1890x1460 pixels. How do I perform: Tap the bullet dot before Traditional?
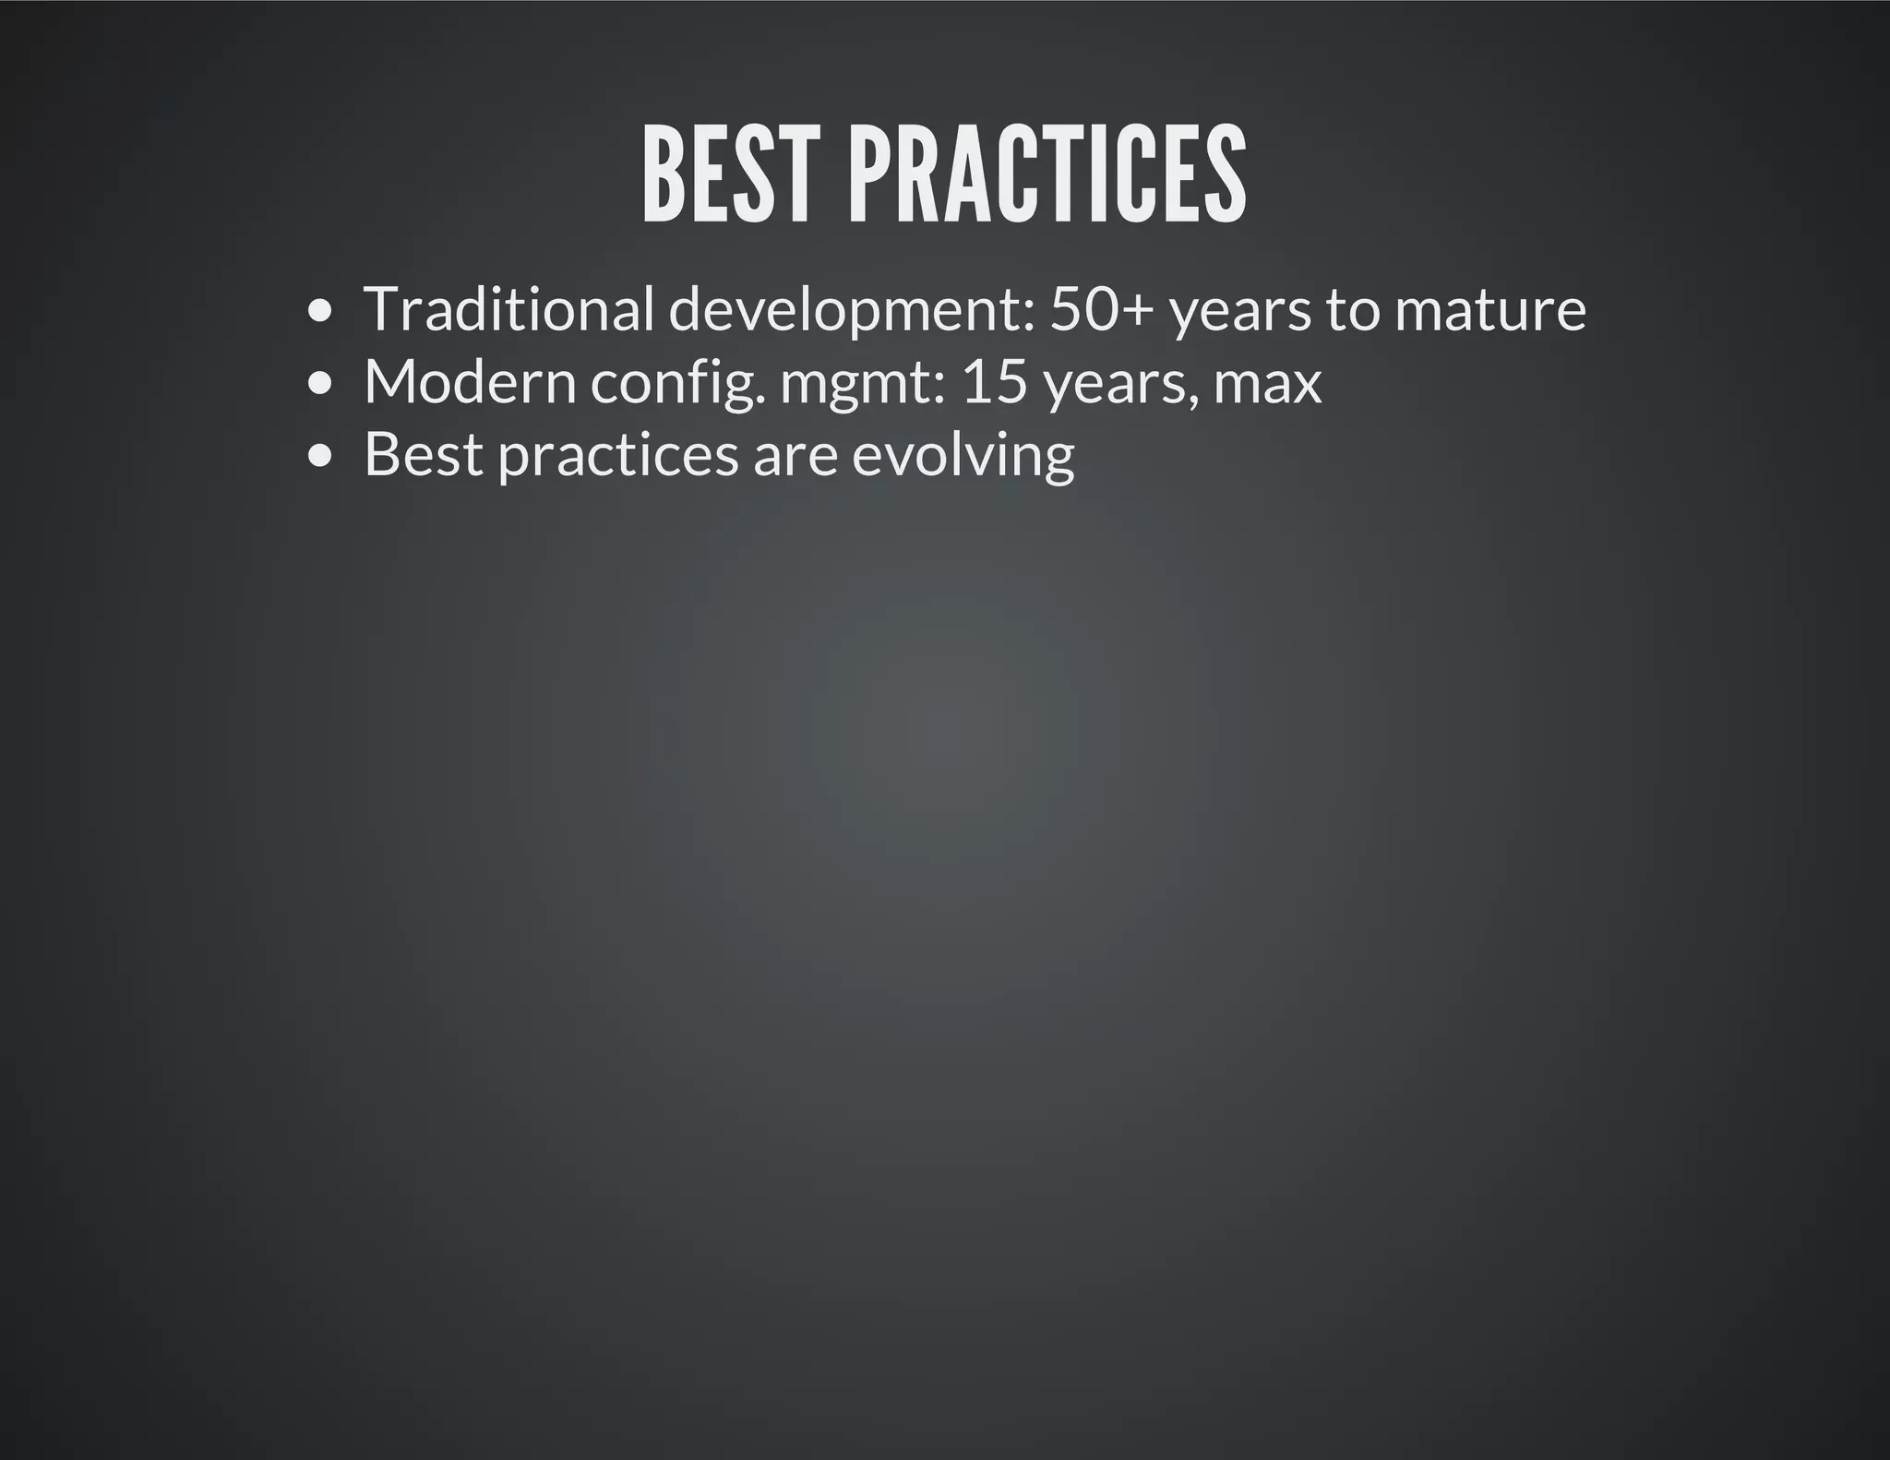319,311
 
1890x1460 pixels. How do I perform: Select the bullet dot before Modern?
319,383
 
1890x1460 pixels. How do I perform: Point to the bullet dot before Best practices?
319,455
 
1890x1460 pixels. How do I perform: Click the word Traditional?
508,308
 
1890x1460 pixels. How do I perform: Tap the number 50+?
1102,308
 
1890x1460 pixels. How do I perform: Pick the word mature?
1489,310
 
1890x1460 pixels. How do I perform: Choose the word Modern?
470,381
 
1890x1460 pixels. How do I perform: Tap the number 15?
994,381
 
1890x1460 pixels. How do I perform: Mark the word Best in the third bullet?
424,454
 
